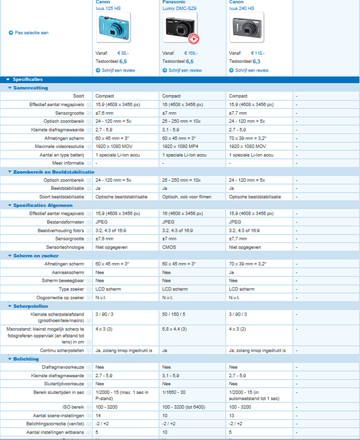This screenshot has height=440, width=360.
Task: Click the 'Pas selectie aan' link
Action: (31, 33)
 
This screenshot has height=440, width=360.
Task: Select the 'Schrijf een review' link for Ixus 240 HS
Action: (252, 70)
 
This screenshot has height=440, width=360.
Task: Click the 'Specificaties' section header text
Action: (27, 79)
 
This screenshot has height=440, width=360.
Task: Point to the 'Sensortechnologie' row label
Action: (66, 247)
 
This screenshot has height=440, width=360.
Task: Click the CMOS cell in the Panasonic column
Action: (170, 247)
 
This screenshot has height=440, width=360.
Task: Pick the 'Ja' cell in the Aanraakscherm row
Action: (232, 272)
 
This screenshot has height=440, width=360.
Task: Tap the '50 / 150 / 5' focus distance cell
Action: (174, 314)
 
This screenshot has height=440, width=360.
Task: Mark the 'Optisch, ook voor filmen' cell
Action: (186, 197)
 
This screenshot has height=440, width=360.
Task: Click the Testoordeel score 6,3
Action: (256, 61)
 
